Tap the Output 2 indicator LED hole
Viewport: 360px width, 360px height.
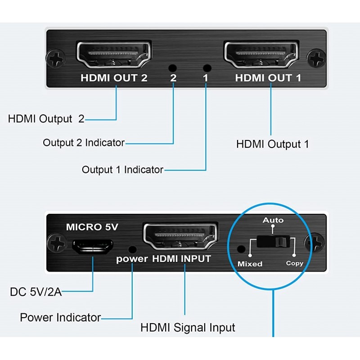pos(172,68)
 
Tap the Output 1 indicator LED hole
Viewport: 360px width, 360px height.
pos(207,68)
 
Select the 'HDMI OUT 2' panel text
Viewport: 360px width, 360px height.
pos(114,78)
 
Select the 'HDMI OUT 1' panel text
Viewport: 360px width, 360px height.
pos(268,78)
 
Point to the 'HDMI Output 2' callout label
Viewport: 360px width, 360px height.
pos(46,119)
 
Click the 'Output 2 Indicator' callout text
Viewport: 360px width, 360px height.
pos(84,143)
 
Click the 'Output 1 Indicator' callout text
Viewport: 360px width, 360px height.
pos(122,170)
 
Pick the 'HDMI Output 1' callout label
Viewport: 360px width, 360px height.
pos(273,144)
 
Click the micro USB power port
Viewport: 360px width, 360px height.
pos(92,246)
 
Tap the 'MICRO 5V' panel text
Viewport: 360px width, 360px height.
pos(92,227)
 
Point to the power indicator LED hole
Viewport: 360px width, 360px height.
pos(132,248)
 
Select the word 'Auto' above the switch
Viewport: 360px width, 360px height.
pos(273,220)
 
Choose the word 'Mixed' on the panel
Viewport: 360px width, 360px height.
pos(250,264)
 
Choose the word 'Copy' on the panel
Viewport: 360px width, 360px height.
pos(295,263)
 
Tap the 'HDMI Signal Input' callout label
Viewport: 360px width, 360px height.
pos(188,327)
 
